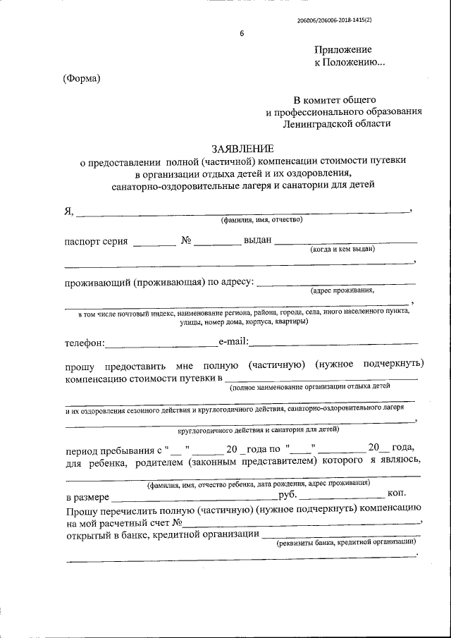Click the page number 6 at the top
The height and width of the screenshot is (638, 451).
coord(240,35)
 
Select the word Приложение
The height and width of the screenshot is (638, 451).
coord(342,49)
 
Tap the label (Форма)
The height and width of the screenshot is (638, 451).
coord(82,78)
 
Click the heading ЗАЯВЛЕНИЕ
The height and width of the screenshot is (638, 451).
coord(242,149)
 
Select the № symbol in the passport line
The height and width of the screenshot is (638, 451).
coord(187,240)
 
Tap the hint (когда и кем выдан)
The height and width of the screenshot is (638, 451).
coord(342,249)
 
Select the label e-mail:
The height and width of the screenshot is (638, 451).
coord(233,342)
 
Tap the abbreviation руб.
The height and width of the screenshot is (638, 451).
coord(288,496)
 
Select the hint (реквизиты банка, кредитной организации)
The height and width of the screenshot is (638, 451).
coord(345,542)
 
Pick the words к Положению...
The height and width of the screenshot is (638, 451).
coord(350,63)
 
